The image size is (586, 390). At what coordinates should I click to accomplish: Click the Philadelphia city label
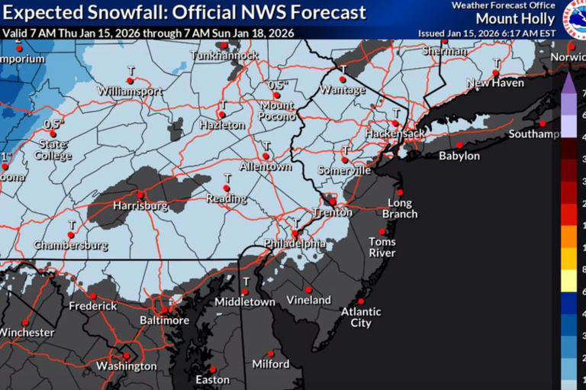tap(295, 243)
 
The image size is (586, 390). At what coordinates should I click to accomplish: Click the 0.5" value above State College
tap(53, 124)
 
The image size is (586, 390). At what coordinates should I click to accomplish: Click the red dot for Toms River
tap(382, 232)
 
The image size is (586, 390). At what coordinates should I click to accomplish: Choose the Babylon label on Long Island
tap(459, 156)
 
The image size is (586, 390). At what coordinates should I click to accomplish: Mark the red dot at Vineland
tap(308, 289)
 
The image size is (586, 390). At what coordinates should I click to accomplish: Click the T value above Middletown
tap(246, 281)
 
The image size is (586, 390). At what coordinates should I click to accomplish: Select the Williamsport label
tap(130, 91)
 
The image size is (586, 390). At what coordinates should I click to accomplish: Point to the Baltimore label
tap(164, 321)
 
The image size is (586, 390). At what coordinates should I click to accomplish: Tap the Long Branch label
tap(400, 208)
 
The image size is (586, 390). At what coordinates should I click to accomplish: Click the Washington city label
tap(127, 366)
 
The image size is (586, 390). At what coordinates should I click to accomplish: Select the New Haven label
tap(495, 82)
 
